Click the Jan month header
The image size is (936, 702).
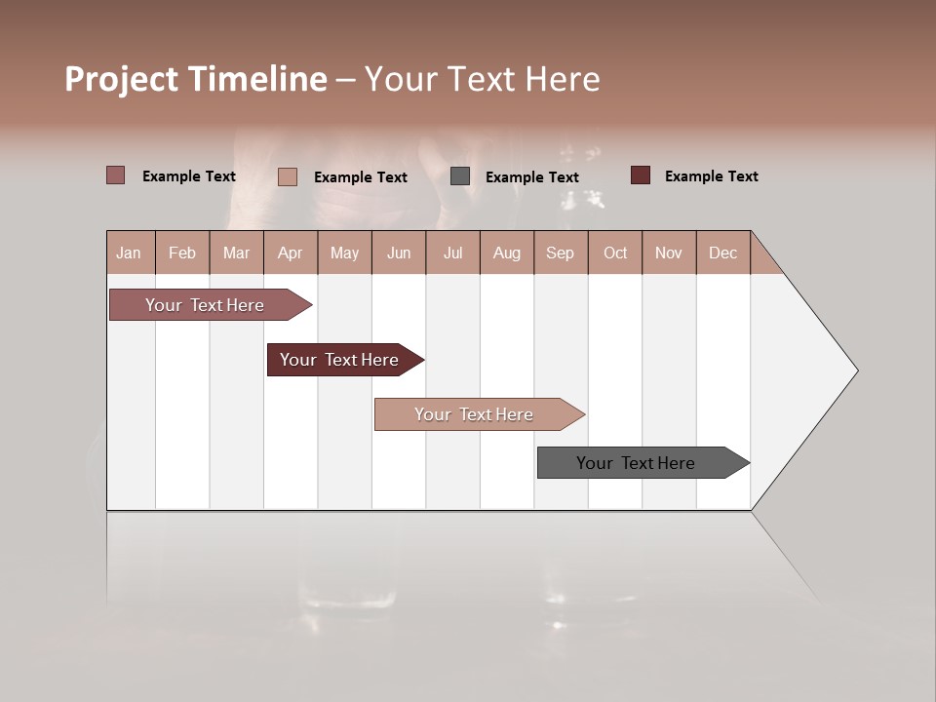[x=129, y=253]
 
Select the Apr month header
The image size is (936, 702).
[x=290, y=253]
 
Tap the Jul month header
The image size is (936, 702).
[x=452, y=253]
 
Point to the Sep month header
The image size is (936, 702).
[x=560, y=253]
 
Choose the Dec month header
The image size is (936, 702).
[x=722, y=253]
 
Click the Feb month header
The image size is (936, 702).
[x=182, y=253]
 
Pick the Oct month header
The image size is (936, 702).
[x=615, y=253]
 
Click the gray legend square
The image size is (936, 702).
[x=460, y=176]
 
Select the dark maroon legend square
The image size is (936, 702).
[x=641, y=175]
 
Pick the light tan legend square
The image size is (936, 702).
[x=288, y=176]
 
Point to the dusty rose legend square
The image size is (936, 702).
[x=116, y=175]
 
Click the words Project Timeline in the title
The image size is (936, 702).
[x=195, y=79]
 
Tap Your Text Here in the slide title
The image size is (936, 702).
[x=482, y=79]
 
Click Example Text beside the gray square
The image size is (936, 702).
[x=531, y=177]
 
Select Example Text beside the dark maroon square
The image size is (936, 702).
[x=711, y=176]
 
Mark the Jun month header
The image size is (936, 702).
[x=399, y=253]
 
